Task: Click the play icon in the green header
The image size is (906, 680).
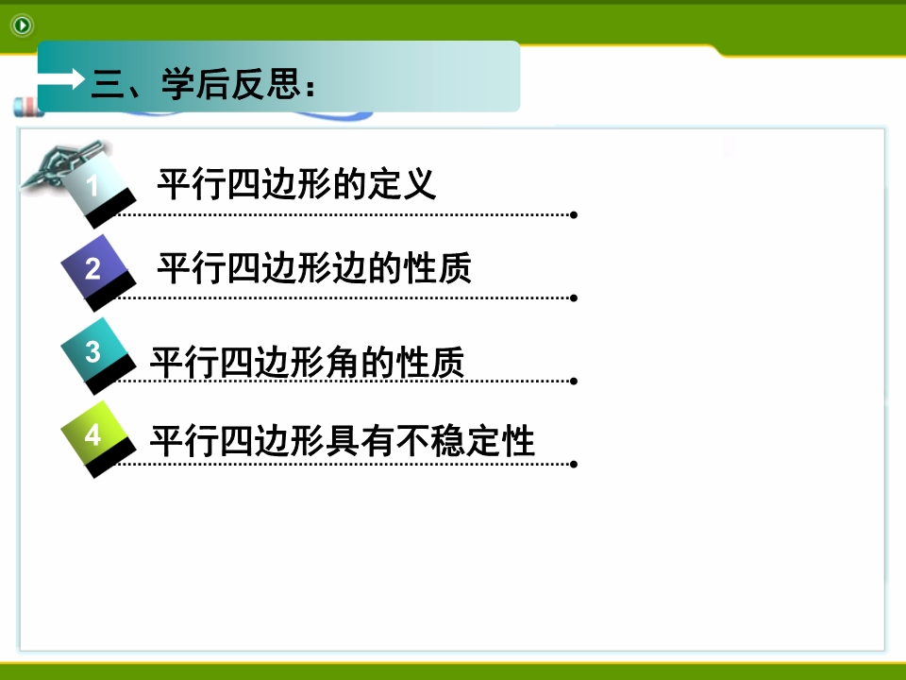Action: (22, 25)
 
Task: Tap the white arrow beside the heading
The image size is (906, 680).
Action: (61, 78)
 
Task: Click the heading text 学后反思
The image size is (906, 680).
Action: (232, 84)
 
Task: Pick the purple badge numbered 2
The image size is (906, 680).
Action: (98, 273)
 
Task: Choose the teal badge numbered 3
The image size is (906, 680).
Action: (98, 356)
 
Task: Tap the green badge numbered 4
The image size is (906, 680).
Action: (98, 439)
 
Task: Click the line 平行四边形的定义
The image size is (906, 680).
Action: (296, 184)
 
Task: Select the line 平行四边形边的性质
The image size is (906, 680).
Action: (314, 267)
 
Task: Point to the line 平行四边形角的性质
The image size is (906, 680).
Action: (307, 362)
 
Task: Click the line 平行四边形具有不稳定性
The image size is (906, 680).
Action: (343, 441)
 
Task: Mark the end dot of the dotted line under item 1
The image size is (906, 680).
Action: (574, 215)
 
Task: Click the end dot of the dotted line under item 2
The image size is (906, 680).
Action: (574, 298)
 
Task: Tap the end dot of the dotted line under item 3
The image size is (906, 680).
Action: (574, 381)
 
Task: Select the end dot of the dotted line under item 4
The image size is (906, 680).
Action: (574, 465)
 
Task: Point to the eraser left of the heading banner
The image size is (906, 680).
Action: (27, 107)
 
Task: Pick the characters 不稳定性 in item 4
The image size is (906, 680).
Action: (465, 441)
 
